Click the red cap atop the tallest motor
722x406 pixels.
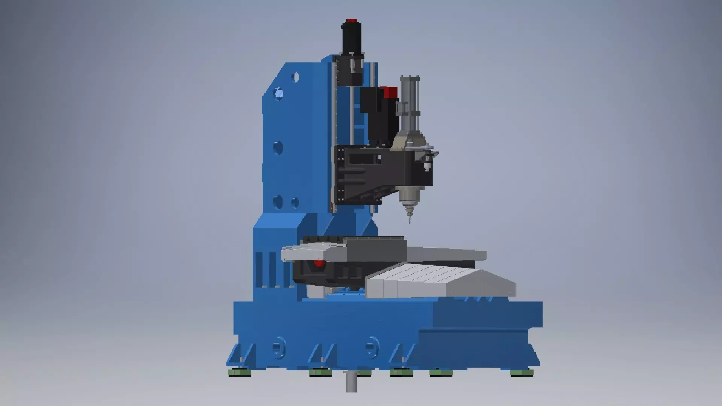(x=352, y=20)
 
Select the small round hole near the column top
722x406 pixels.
(x=295, y=78)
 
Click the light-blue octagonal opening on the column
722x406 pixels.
(x=279, y=93)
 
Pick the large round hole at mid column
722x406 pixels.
(x=278, y=148)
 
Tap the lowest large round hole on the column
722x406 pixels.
(x=278, y=202)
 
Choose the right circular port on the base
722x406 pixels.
(x=372, y=347)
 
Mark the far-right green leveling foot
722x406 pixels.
(x=522, y=373)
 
